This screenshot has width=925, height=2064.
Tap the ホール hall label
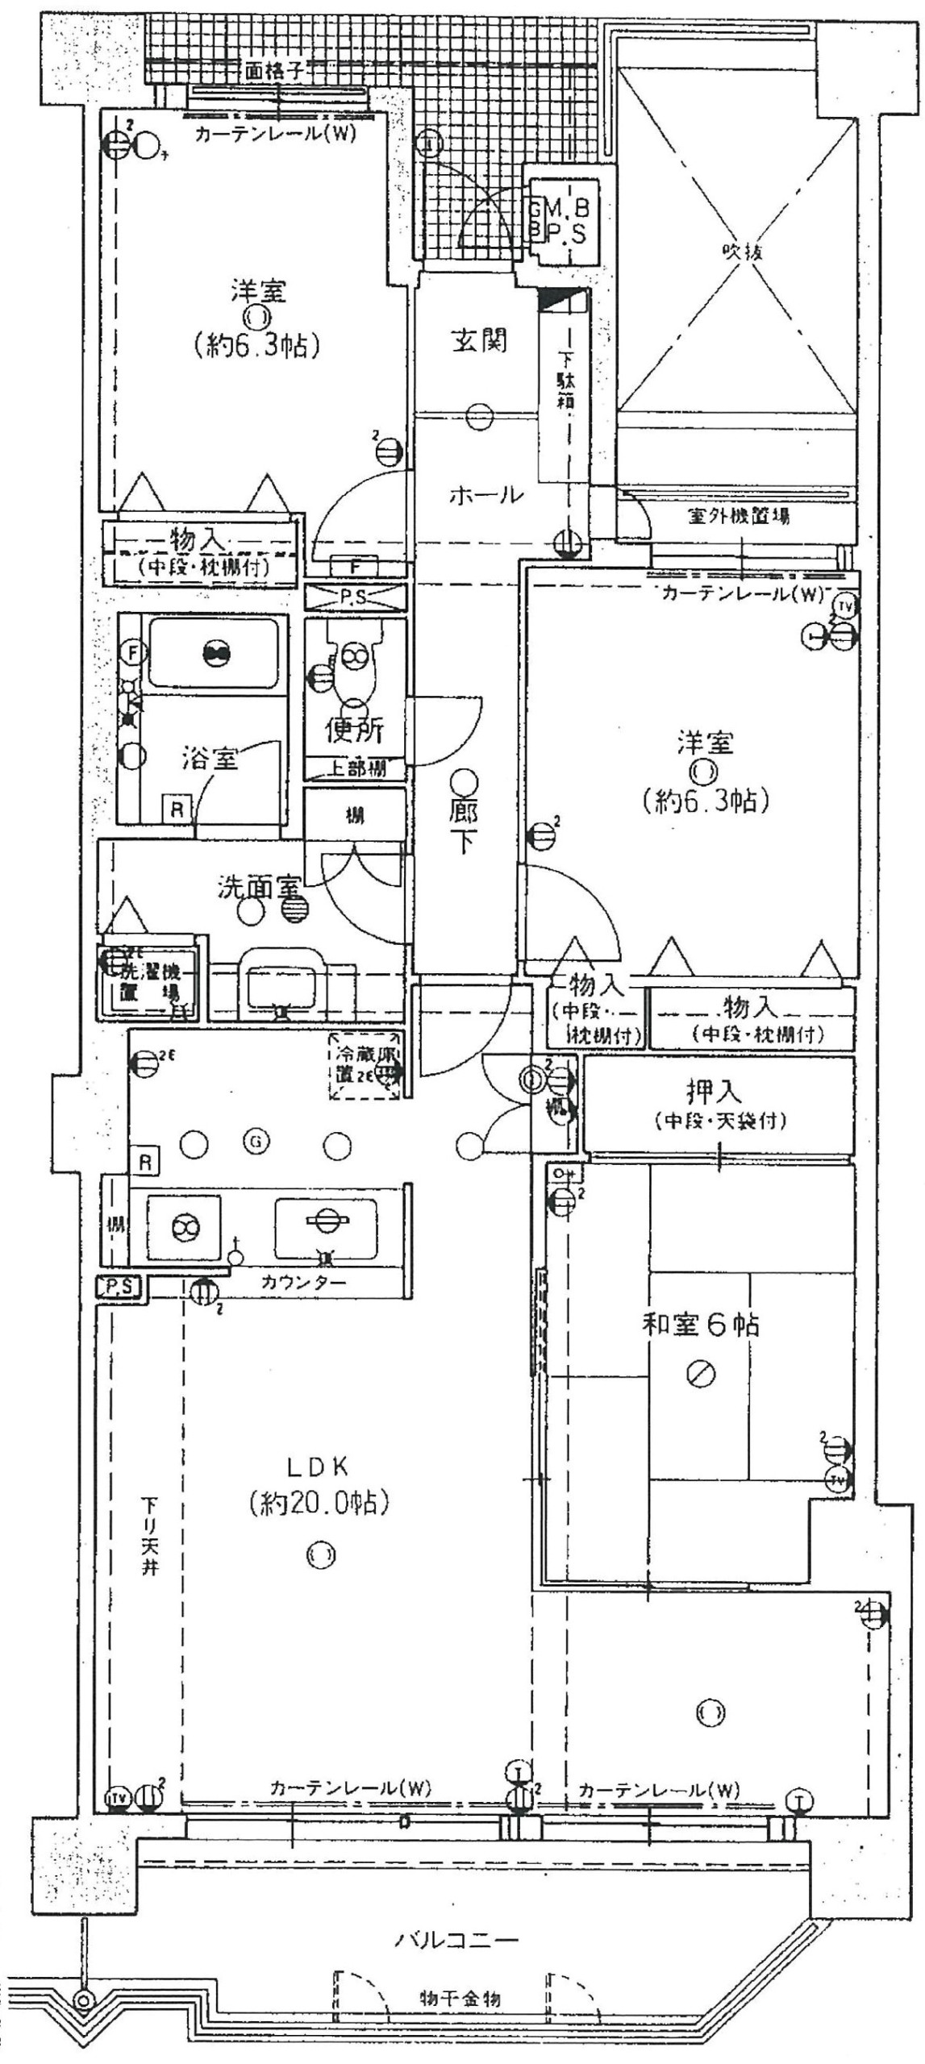pyautogui.click(x=485, y=495)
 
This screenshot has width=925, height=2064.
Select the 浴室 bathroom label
pyautogui.click(x=210, y=758)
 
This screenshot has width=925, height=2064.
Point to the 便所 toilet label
pyautogui.click(x=354, y=730)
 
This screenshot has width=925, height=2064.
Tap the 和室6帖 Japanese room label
pyautogui.click(x=700, y=1324)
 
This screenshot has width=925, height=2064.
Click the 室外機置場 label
pyautogui.click(x=739, y=517)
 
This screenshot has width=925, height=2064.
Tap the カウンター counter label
pyautogui.click(x=303, y=1283)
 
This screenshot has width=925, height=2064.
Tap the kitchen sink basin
pyautogui.click(x=325, y=1227)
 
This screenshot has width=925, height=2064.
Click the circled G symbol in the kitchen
pyautogui.click(x=256, y=1141)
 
